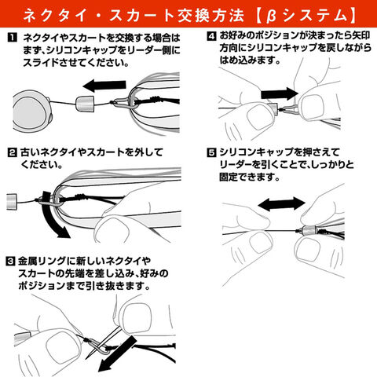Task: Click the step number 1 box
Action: click(x=12, y=38)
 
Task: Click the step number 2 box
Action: click(x=12, y=152)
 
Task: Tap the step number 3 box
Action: click(x=10, y=261)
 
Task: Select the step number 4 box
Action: click(x=211, y=36)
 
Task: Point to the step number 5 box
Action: click(x=211, y=152)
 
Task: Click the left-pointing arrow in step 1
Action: click(x=104, y=86)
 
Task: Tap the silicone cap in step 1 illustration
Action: click(x=85, y=104)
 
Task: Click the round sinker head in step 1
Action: click(x=32, y=111)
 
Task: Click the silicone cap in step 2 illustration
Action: click(x=13, y=202)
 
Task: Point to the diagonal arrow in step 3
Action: click(x=119, y=353)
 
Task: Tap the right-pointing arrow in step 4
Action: click(x=280, y=93)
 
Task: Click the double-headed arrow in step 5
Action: click(x=282, y=204)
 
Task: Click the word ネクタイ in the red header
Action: click(x=54, y=15)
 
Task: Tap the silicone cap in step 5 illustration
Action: click(x=309, y=232)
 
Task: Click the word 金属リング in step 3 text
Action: click(x=42, y=261)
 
